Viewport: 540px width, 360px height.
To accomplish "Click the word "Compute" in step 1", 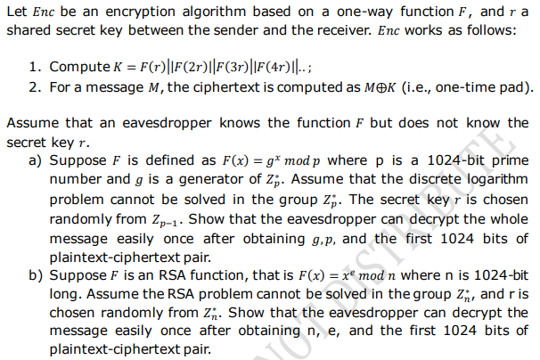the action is coord(78,68).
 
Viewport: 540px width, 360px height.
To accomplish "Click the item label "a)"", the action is coord(37,160).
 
